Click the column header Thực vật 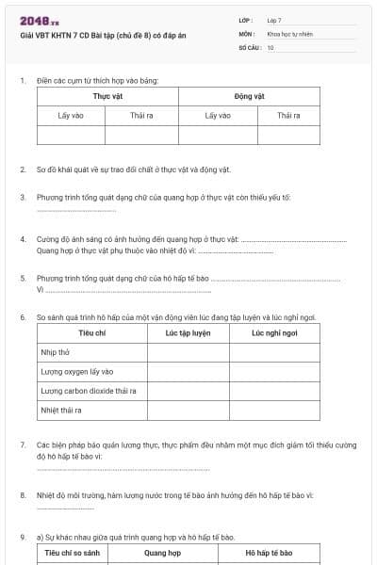(x=107, y=97)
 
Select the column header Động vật (x=249, y=97)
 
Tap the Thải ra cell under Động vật (x=288, y=115)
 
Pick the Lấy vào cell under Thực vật (x=71, y=115)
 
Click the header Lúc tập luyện (x=188, y=333)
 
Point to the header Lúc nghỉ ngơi (x=274, y=333)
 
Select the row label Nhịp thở (x=55, y=352)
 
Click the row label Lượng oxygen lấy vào (x=77, y=371)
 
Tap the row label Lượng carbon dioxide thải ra (x=89, y=391)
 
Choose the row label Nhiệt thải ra (x=61, y=411)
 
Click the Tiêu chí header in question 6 (x=91, y=333)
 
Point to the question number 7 (x=23, y=444)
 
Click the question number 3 (x=23, y=197)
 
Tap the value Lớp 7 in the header (x=274, y=19)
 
